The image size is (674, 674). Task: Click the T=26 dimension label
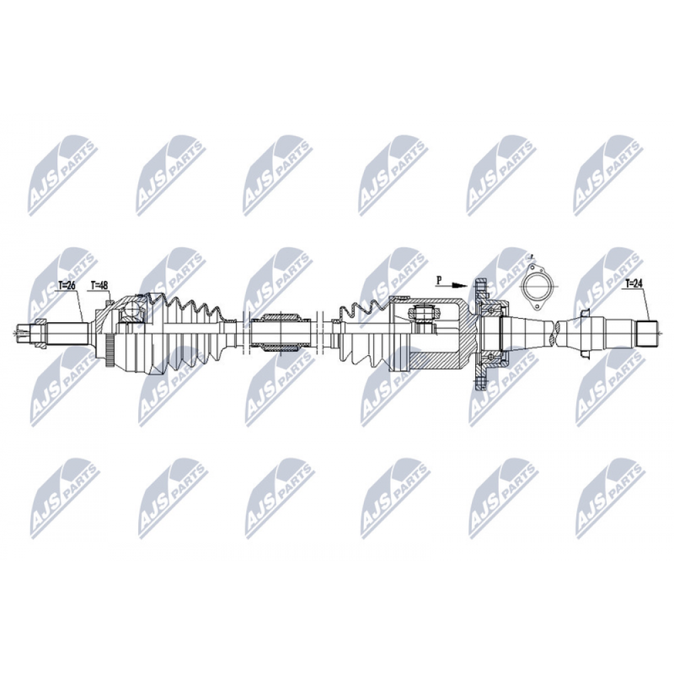coord(67,285)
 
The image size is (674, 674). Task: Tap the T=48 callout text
coord(99,285)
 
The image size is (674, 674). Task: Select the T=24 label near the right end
coord(634,283)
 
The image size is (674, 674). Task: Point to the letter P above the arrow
coord(439,280)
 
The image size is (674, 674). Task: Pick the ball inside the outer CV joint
coord(131,309)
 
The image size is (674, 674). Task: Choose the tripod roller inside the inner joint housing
coord(423,313)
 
